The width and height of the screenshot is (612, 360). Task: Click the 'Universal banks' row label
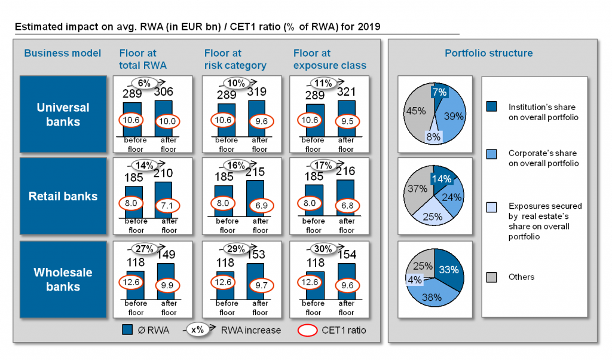tap(63, 114)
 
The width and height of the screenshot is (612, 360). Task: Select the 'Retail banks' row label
tap(63, 196)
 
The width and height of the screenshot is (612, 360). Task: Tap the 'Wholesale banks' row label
tap(63, 279)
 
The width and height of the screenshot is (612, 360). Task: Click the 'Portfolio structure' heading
tap(488, 53)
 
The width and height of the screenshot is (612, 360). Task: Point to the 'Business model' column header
tap(63, 53)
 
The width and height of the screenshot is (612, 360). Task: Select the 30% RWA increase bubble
tap(323, 249)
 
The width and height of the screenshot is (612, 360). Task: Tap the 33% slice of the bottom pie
tap(449, 270)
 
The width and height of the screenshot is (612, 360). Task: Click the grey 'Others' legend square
tap(491, 277)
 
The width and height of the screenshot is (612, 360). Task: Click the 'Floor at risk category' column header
tap(235, 59)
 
